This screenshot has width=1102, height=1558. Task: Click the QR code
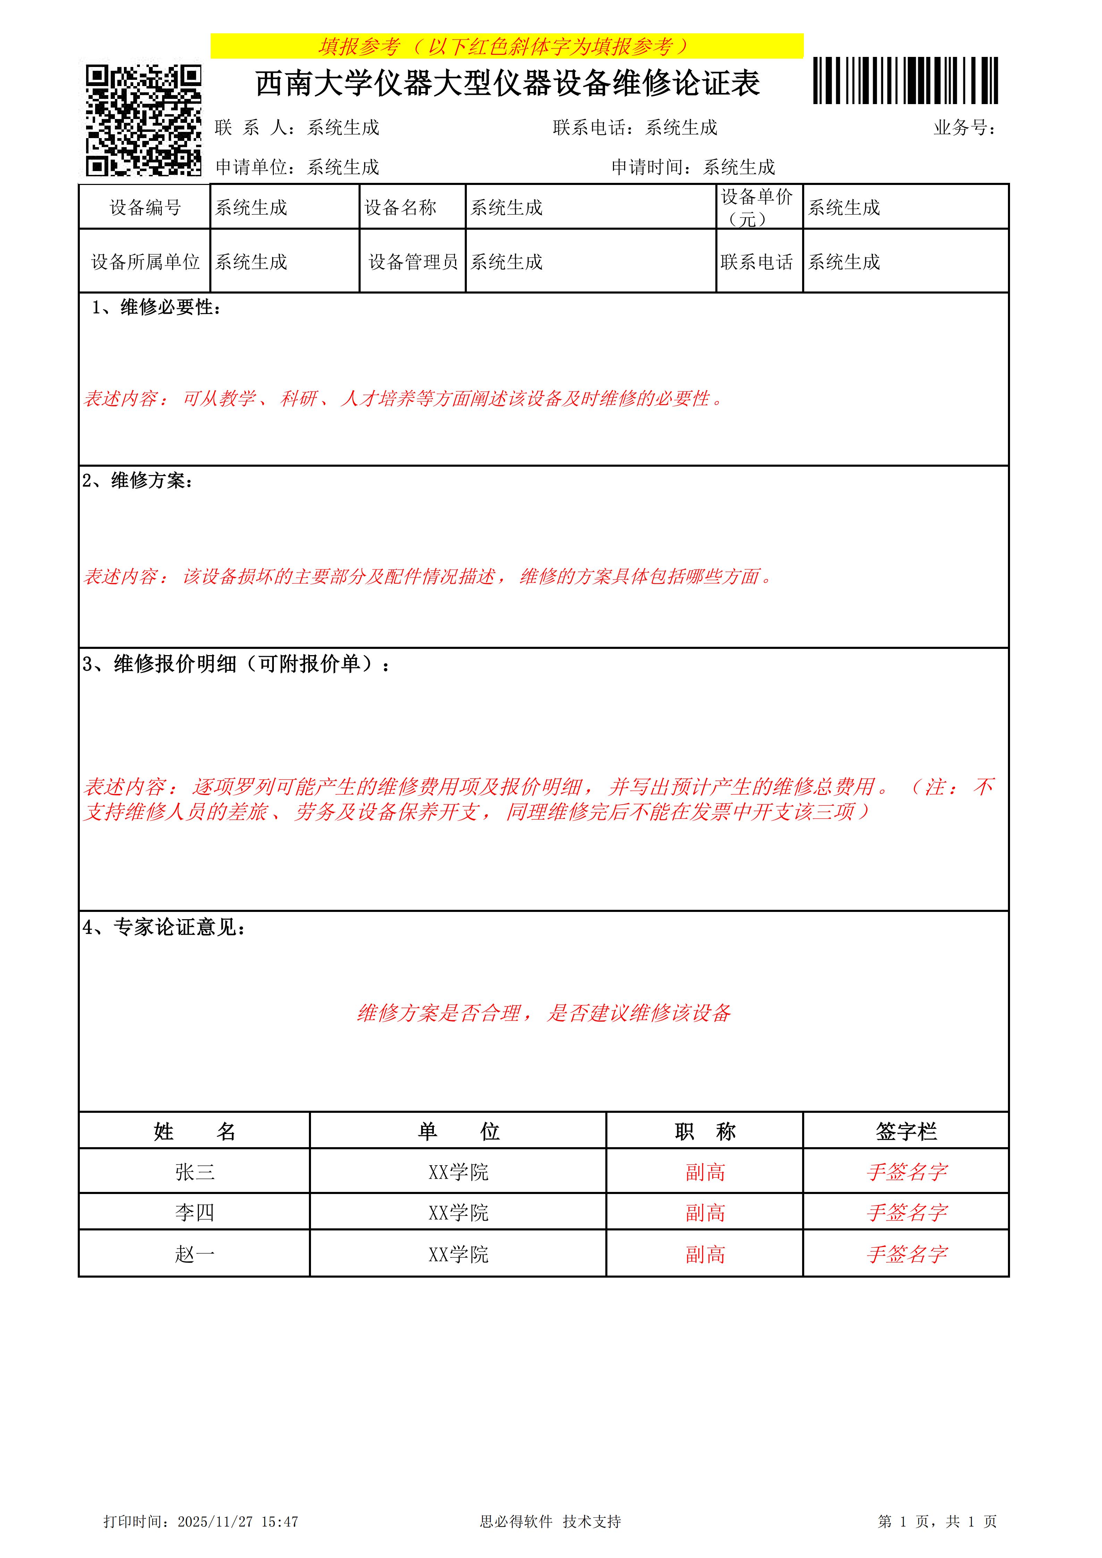(143, 120)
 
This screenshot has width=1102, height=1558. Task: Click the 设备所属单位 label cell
(145, 262)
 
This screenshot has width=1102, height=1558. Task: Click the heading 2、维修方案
(138, 481)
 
